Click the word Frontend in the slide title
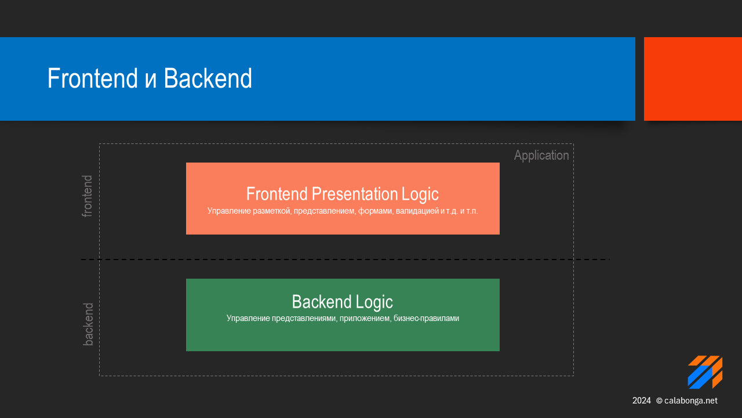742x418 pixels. click(x=92, y=78)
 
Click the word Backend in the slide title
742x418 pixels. click(x=208, y=78)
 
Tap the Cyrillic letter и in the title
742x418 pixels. click(x=151, y=82)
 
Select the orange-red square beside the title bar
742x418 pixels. click(x=693, y=79)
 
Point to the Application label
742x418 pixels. click(x=541, y=156)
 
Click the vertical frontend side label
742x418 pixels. click(x=87, y=196)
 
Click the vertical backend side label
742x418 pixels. click(x=88, y=324)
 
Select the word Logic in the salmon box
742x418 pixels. click(x=420, y=194)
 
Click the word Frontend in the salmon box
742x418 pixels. click(x=277, y=194)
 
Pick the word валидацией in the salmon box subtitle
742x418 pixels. click(x=417, y=211)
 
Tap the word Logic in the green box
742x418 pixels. click(x=374, y=302)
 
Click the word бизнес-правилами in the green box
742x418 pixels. click(x=426, y=319)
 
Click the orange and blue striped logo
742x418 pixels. click(x=705, y=372)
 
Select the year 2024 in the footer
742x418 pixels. click(x=641, y=401)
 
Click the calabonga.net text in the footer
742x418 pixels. click(x=690, y=401)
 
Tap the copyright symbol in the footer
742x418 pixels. click(x=659, y=401)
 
